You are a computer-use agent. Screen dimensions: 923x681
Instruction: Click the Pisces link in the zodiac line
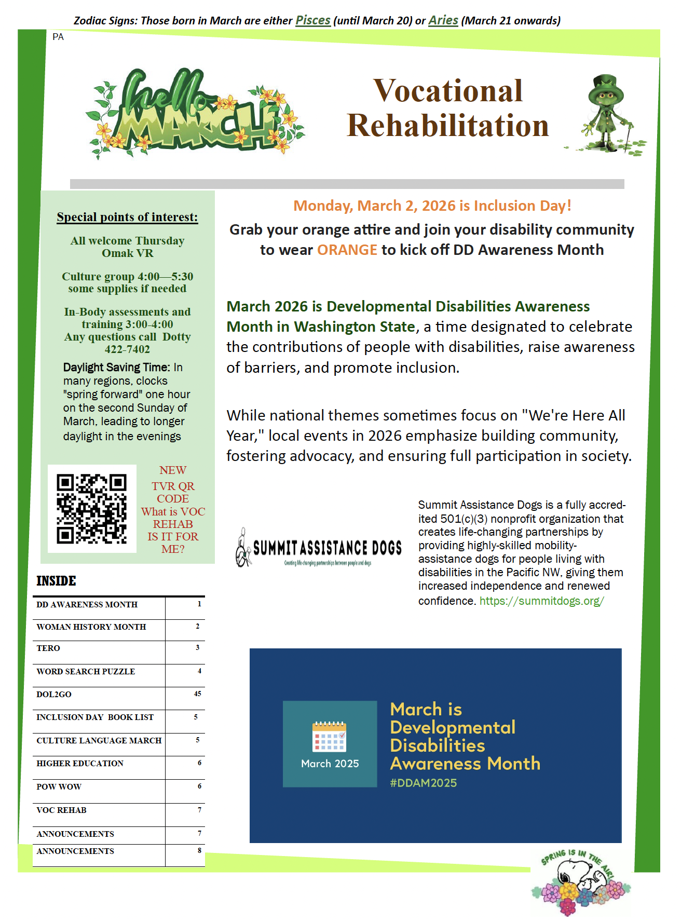(312, 20)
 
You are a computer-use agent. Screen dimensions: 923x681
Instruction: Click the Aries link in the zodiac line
(443, 20)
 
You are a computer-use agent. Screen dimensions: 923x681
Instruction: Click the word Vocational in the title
(447, 91)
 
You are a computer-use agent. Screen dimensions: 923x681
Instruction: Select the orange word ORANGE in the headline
(347, 250)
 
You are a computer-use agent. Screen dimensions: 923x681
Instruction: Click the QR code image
(92, 508)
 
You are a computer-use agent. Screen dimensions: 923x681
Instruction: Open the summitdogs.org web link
(541, 601)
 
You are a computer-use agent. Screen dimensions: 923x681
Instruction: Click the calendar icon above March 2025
(329, 736)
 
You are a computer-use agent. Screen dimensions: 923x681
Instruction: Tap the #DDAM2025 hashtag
(423, 783)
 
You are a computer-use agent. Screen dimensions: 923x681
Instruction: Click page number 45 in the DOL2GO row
(197, 694)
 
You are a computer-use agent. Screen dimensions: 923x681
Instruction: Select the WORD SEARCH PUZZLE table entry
(86, 671)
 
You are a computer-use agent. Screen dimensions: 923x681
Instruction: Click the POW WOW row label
(59, 786)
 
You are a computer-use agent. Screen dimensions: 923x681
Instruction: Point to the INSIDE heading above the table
(56, 581)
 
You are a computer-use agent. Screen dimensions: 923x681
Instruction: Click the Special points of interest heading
(127, 217)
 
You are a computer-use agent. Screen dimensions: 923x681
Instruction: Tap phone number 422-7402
(127, 349)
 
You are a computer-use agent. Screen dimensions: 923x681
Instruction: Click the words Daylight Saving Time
(116, 368)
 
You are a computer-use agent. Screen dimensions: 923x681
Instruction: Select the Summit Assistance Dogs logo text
(327, 548)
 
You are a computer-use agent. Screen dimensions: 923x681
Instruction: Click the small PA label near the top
(58, 37)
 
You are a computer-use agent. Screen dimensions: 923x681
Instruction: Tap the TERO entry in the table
(48, 648)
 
